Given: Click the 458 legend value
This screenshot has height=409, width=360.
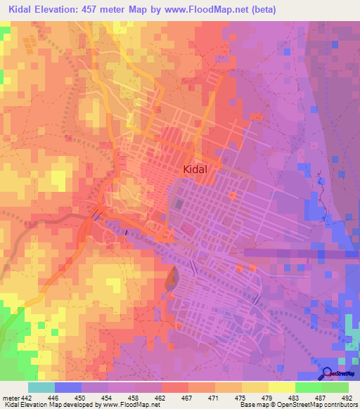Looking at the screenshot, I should [x=139, y=397].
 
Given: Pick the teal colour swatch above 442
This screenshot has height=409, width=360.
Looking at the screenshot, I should [x=41, y=387].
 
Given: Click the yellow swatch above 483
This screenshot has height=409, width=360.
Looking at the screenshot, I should [x=282, y=387].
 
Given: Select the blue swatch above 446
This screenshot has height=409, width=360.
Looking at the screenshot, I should [x=68, y=387].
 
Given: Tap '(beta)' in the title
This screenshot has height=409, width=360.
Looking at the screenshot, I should [x=262, y=10].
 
